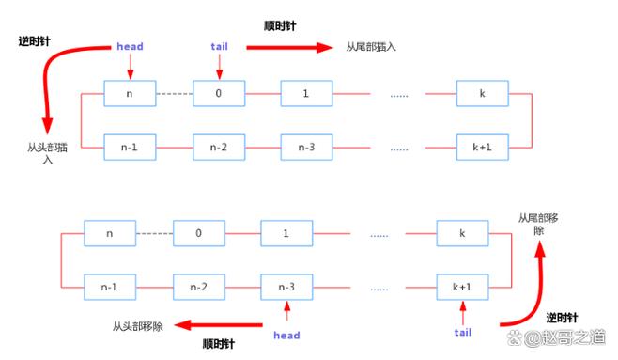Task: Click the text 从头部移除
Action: (138, 326)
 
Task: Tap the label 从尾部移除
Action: (538, 224)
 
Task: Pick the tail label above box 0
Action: (219, 45)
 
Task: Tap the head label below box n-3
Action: (286, 335)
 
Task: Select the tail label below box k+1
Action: (462, 332)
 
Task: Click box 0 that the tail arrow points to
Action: (219, 94)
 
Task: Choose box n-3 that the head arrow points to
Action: (286, 285)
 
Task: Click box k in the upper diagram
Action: (482, 94)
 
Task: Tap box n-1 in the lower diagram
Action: (110, 285)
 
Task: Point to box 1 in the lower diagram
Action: (286, 233)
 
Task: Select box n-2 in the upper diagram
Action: (219, 147)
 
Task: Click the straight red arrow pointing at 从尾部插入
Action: (291, 46)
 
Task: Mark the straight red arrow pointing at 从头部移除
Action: (216, 326)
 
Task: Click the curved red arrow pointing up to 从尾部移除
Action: (526, 291)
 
